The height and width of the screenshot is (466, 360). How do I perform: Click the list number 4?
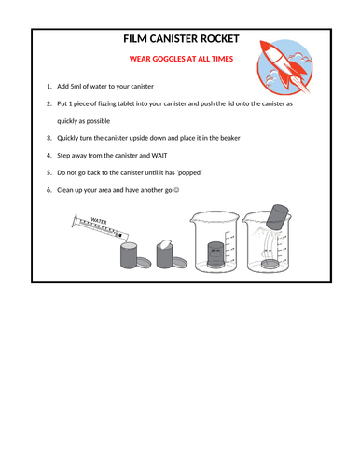pyautogui.click(x=48, y=155)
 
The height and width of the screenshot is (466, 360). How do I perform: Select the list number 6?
pyautogui.click(x=48, y=189)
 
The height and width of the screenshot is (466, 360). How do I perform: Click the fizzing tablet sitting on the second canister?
pyautogui.click(x=165, y=245)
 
